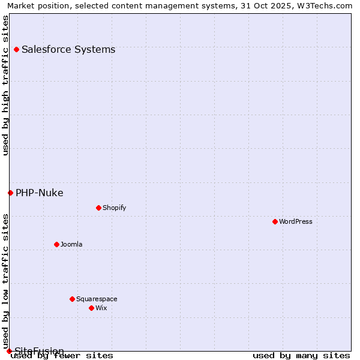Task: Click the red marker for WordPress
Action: pos(275,221)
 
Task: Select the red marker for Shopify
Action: pos(98,208)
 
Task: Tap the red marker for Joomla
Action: pos(56,244)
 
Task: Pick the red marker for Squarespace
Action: pos(72,299)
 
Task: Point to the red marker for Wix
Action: pos(91,308)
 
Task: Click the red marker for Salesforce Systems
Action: pos(16,49)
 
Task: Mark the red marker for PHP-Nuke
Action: pos(10,193)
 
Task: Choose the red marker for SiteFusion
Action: pos(9,351)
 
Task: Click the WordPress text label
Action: pos(296,221)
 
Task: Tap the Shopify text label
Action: pos(114,208)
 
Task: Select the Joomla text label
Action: pos(71,244)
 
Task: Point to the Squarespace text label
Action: pos(97,299)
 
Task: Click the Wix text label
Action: pos(101,308)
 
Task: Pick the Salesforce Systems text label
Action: pos(68,49)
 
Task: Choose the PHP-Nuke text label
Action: pos(40,193)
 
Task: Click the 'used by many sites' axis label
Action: pos(301,356)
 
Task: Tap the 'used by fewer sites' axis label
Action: pos(62,356)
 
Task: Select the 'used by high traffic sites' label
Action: pos(5,85)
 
